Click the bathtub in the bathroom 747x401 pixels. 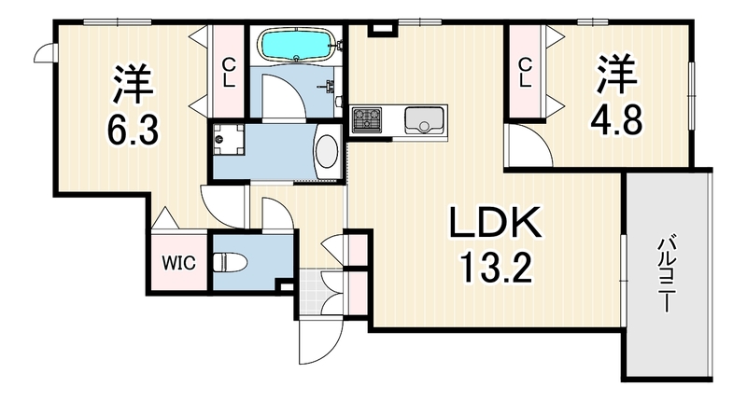(x=298, y=44)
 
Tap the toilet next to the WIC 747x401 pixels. (x=229, y=263)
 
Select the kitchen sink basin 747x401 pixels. (x=424, y=120)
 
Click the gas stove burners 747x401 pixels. (x=366, y=119)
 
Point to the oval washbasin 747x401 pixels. (x=327, y=151)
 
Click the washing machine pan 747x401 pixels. (x=228, y=139)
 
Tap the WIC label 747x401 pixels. (x=178, y=262)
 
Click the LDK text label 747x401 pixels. (x=495, y=223)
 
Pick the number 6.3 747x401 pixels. (x=133, y=128)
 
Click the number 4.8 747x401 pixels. (x=616, y=120)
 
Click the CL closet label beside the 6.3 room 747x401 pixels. (x=230, y=73)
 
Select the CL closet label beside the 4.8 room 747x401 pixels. (x=525, y=73)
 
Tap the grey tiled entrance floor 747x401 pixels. (x=312, y=293)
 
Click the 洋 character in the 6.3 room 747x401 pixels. (x=133, y=85)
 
